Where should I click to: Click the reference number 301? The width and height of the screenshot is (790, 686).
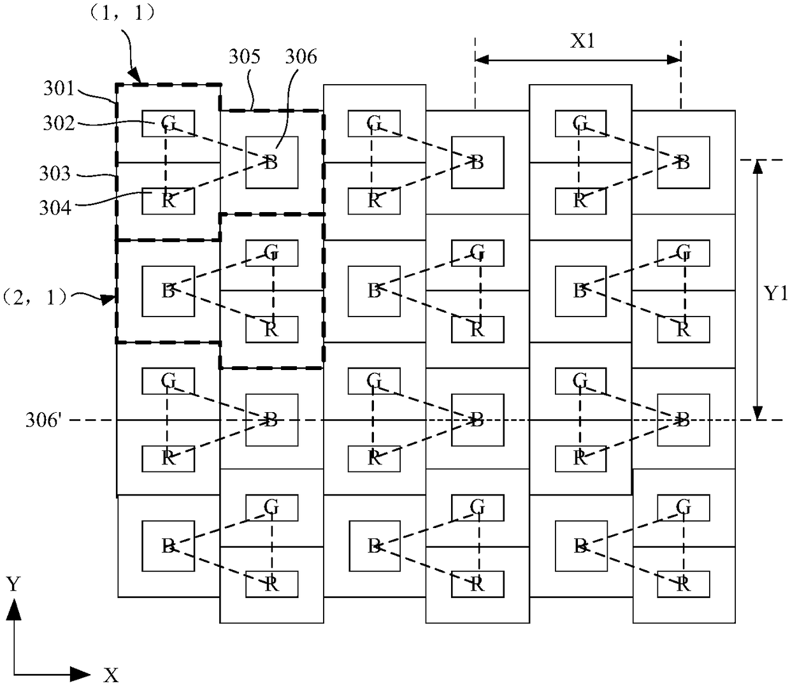point(59,89)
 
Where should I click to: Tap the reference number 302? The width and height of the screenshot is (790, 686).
point(59,124)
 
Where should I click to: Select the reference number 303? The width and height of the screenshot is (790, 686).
point(55,174)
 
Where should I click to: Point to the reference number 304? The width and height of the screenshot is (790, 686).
point(55,208)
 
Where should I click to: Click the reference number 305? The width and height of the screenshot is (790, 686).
point(245,57)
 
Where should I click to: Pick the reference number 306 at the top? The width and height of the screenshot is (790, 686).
point(301,57)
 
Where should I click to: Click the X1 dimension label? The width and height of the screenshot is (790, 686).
point(583,41)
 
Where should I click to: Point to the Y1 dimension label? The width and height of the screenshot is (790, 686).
point(776,294)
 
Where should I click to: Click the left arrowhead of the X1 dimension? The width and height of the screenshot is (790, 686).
point(482,59)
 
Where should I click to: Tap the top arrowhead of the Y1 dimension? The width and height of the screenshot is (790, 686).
point(758,166)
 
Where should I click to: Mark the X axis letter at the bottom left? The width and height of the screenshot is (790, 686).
point(111,675)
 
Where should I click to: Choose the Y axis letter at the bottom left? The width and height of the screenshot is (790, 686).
point(13,585)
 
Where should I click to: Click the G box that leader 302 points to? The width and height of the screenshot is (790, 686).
point(168,124)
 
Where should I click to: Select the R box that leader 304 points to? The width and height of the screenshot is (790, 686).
point(168,201)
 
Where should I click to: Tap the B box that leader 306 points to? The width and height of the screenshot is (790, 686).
point(272,162)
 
